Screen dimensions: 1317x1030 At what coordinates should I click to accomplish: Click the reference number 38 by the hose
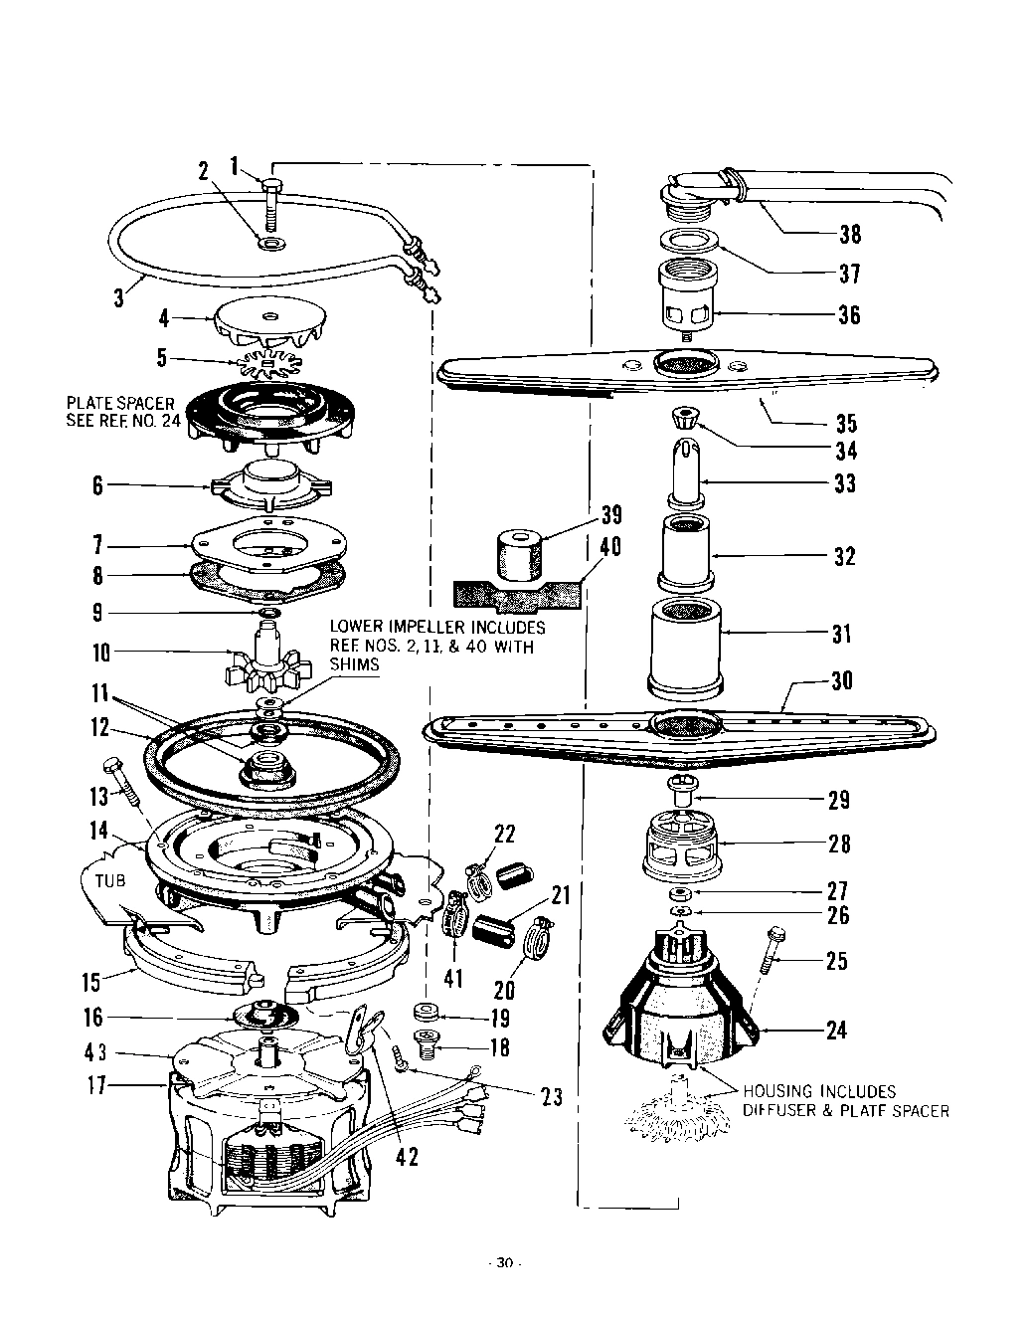tap(849, 235)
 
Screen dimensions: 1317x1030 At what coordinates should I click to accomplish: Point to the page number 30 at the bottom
tap(504, 1263)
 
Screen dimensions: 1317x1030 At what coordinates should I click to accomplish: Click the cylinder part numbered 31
tap(684, 647)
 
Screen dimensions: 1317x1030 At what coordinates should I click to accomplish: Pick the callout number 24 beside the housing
tap(837, 1030)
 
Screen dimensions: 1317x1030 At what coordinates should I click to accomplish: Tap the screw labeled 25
tap(772, 953)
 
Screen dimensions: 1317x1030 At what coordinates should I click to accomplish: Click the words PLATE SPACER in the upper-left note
tap(119, 403)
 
